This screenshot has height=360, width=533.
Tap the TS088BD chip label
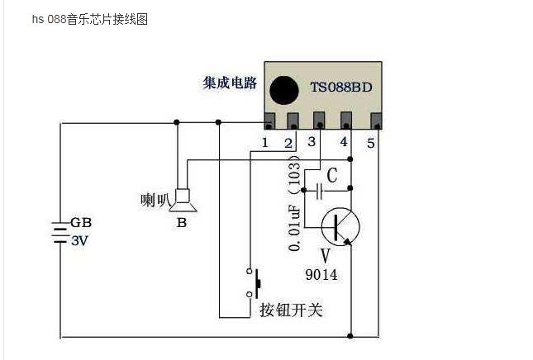coord(340,87)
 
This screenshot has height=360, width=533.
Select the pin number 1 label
coord(265,142)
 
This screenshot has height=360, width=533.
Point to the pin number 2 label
coord(288,143)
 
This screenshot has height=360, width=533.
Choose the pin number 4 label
coord(344,143)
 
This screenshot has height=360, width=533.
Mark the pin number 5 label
coord(371,143)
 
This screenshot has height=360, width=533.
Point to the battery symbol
coord(59,232)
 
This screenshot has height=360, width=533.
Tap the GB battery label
coord(80,223)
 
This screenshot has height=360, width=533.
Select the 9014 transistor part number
coord(321,275)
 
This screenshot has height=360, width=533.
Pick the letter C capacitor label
coord(331,175)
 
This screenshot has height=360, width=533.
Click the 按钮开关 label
coord(291,310)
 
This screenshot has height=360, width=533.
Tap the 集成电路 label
coord(230,83)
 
